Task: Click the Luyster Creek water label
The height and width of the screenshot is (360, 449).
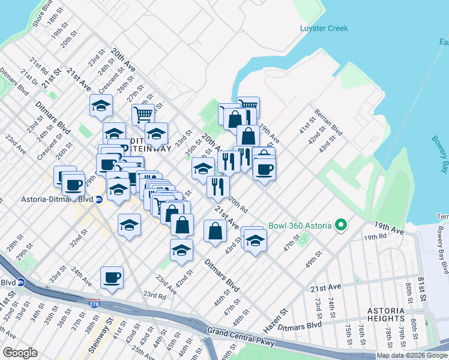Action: pos(324,28)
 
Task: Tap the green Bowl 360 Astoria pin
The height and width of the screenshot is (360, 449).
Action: pos(342,226)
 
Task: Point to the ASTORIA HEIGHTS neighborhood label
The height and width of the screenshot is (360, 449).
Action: pos(390,314)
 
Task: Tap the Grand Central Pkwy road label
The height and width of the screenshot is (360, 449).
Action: pos(241,338)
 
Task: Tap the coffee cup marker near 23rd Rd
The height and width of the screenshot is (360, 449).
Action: pos(112,278)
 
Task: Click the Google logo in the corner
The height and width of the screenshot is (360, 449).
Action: pos(20,353)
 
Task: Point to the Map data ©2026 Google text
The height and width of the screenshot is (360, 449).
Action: pos(412,355)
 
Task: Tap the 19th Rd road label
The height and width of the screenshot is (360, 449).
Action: pos(375,238)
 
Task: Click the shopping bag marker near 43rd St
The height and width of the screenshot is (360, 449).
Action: pos(215,231)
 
